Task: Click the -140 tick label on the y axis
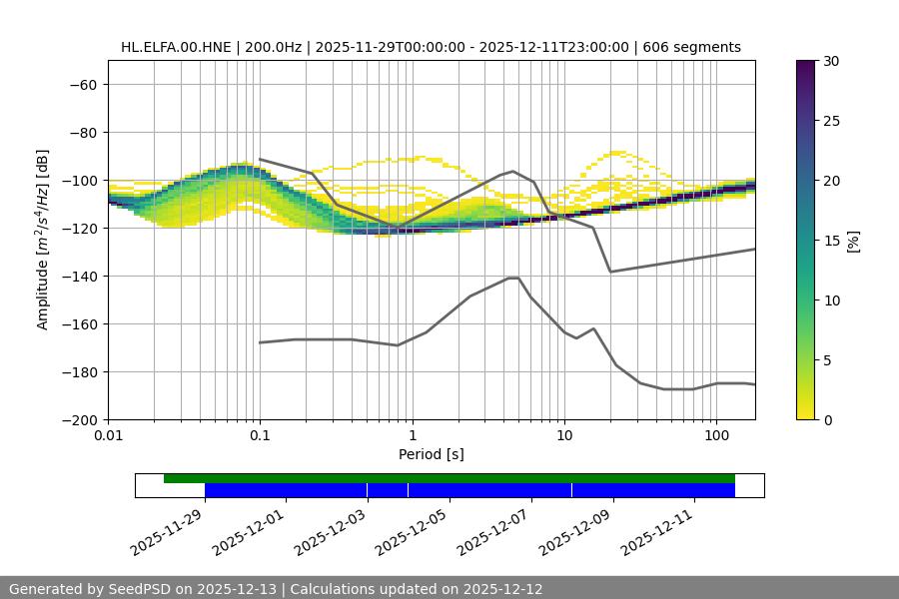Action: coord(82,277)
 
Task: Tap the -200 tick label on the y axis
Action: coord(82,420)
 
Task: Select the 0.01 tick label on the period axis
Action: coord(108,436)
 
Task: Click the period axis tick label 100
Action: coord(716,436)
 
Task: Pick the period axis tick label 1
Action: coord(412,436)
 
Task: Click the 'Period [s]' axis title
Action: coord(432,454)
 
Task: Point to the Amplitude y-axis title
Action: coord(43,241)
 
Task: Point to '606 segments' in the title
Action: coord(691,47)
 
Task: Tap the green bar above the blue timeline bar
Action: coord(449,478)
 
